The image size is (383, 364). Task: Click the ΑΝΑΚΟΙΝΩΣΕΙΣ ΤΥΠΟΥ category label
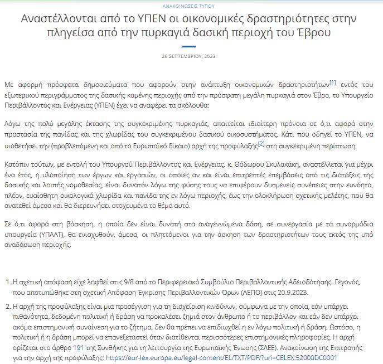coord(191,5)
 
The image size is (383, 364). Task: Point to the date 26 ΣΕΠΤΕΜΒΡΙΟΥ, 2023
coord(191,57)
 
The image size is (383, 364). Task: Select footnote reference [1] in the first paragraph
coord(332,82)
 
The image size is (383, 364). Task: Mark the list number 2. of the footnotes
coord(7,305)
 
